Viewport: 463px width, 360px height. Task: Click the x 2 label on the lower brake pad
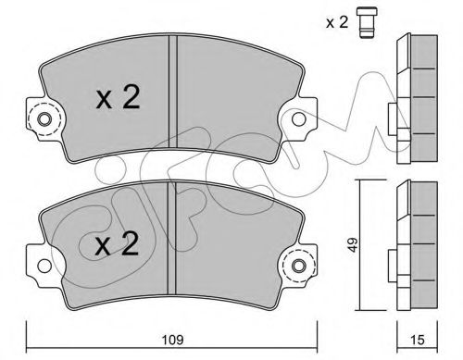pyautogui.click(x=117, y=246)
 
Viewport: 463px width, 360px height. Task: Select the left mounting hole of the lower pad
pyautogui.click(x=40, y=267)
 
